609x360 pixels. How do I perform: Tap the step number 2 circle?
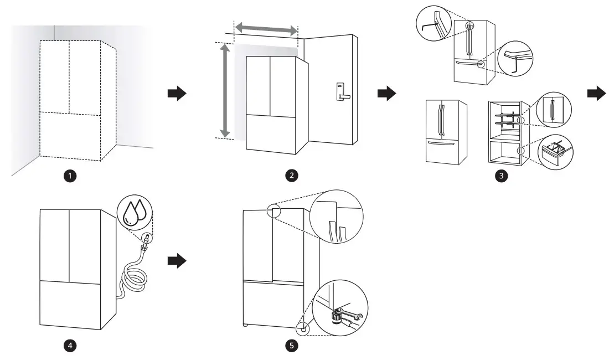(x=290, y=176)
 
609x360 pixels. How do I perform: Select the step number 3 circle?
(x=502, y=176)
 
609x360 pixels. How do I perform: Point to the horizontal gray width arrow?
(x=266, y=28)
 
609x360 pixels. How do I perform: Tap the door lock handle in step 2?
(x=341, y=91)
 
